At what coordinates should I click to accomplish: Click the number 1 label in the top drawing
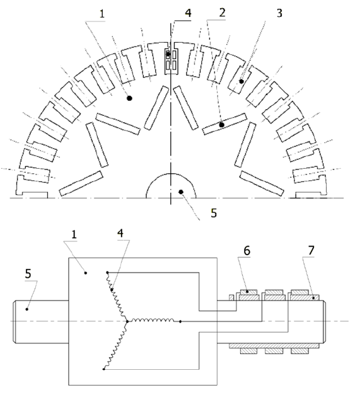102,14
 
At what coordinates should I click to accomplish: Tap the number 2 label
222,13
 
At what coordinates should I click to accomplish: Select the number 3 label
279,13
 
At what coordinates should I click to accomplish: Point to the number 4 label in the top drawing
188,13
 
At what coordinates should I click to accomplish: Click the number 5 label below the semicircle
214,213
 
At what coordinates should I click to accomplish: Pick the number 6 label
247,251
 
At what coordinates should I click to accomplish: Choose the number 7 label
311,250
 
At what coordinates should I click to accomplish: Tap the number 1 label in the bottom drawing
74,234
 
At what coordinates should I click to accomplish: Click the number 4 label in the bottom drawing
121,233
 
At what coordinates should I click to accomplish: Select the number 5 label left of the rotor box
28,273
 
